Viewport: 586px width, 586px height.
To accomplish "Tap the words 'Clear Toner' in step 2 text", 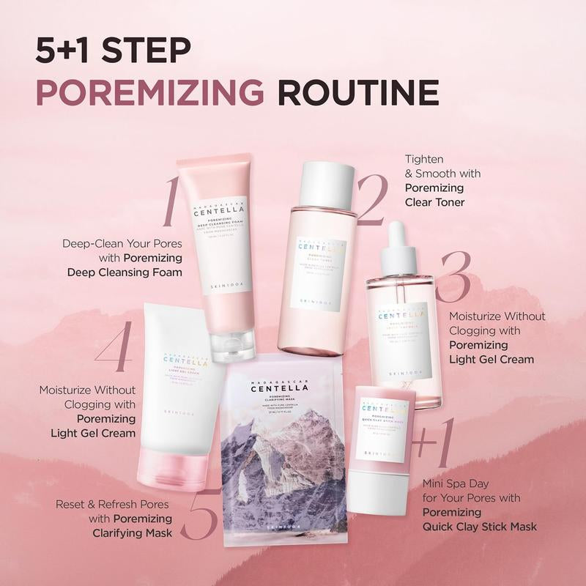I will pos(435,201).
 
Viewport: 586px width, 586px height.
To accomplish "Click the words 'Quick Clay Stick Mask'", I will pos(479,526).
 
